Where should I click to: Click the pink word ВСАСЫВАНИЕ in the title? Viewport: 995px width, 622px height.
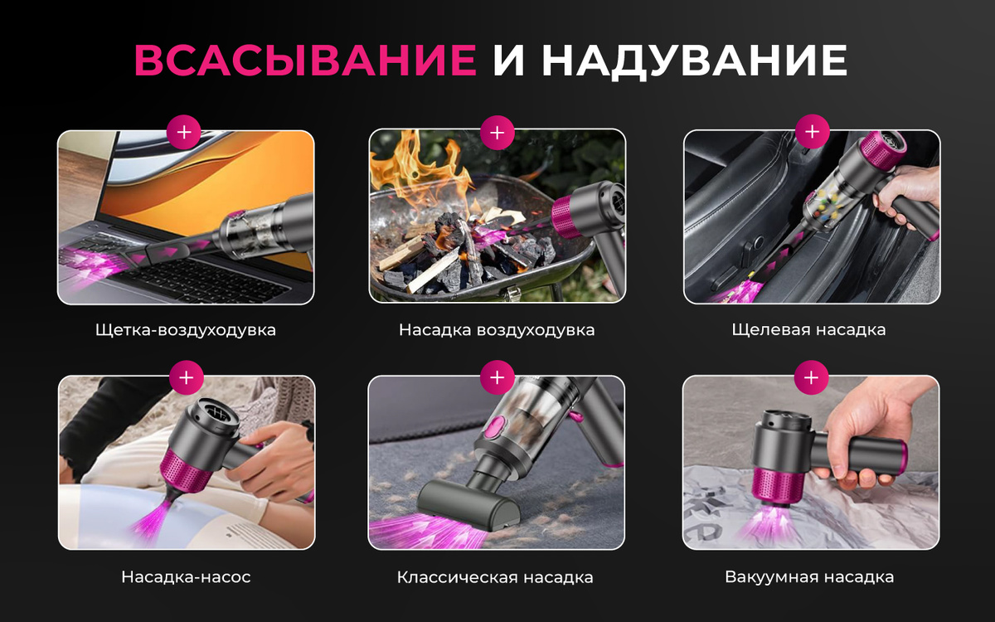click(305, 60)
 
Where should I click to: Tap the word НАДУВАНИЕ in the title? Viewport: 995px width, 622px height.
click(694, 61)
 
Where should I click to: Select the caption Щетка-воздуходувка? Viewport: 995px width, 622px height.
click(186, 330)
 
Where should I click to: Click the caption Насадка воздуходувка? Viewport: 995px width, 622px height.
click(497, 330)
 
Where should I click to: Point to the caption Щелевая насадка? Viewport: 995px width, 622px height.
click(809, 330)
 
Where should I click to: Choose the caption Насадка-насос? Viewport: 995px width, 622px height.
click(186, 576)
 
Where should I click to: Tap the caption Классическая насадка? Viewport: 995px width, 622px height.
click(495, 577)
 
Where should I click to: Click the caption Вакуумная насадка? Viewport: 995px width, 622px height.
click(809, 576)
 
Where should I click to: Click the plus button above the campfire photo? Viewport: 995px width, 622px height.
click(497, 133)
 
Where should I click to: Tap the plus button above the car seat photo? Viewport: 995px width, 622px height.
click(812, 132)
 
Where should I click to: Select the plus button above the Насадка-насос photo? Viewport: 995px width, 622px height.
click(186, 377)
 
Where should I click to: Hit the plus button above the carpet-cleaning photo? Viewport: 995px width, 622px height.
click(497, 377)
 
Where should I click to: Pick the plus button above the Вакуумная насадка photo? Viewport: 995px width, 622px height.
click(811, 377)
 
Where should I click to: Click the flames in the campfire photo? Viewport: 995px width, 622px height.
click(418, 173)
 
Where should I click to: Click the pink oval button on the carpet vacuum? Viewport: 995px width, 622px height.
click(494, 426)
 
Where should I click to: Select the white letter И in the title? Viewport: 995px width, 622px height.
click(509, 60)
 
